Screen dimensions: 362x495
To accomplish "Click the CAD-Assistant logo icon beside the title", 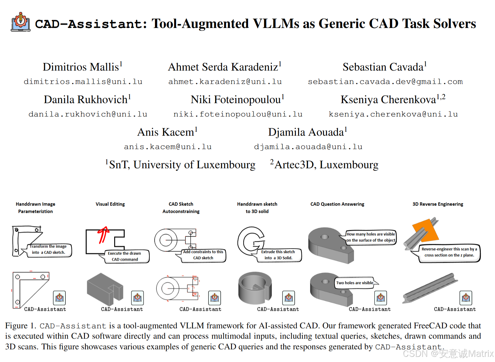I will coord(20,22).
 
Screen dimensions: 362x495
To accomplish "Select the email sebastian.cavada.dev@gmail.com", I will coord(385,82).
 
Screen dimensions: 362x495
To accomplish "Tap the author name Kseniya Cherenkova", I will coord(388,100).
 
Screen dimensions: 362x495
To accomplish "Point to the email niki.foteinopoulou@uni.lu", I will coord(238,114).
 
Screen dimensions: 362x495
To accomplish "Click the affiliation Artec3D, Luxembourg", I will coord(326,165).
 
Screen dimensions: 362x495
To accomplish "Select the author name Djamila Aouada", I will coord(306,132).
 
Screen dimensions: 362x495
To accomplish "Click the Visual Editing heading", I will coord(110,204).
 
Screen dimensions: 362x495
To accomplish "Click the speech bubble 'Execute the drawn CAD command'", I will coord(125,256).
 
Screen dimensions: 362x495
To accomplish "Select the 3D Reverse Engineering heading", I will coord(438,204).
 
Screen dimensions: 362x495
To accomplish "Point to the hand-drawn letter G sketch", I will coord(251,241).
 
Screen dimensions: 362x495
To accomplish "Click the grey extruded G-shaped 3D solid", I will coord(255,288).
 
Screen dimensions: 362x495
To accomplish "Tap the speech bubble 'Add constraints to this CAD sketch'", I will coord(203,255).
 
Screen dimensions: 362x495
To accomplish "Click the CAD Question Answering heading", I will coord(337,204).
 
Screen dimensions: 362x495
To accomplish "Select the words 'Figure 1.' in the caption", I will coord(20,326).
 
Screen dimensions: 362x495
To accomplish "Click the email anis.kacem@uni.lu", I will coord(167,147).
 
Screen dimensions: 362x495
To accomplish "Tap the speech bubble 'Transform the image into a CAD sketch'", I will coord(49,250).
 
